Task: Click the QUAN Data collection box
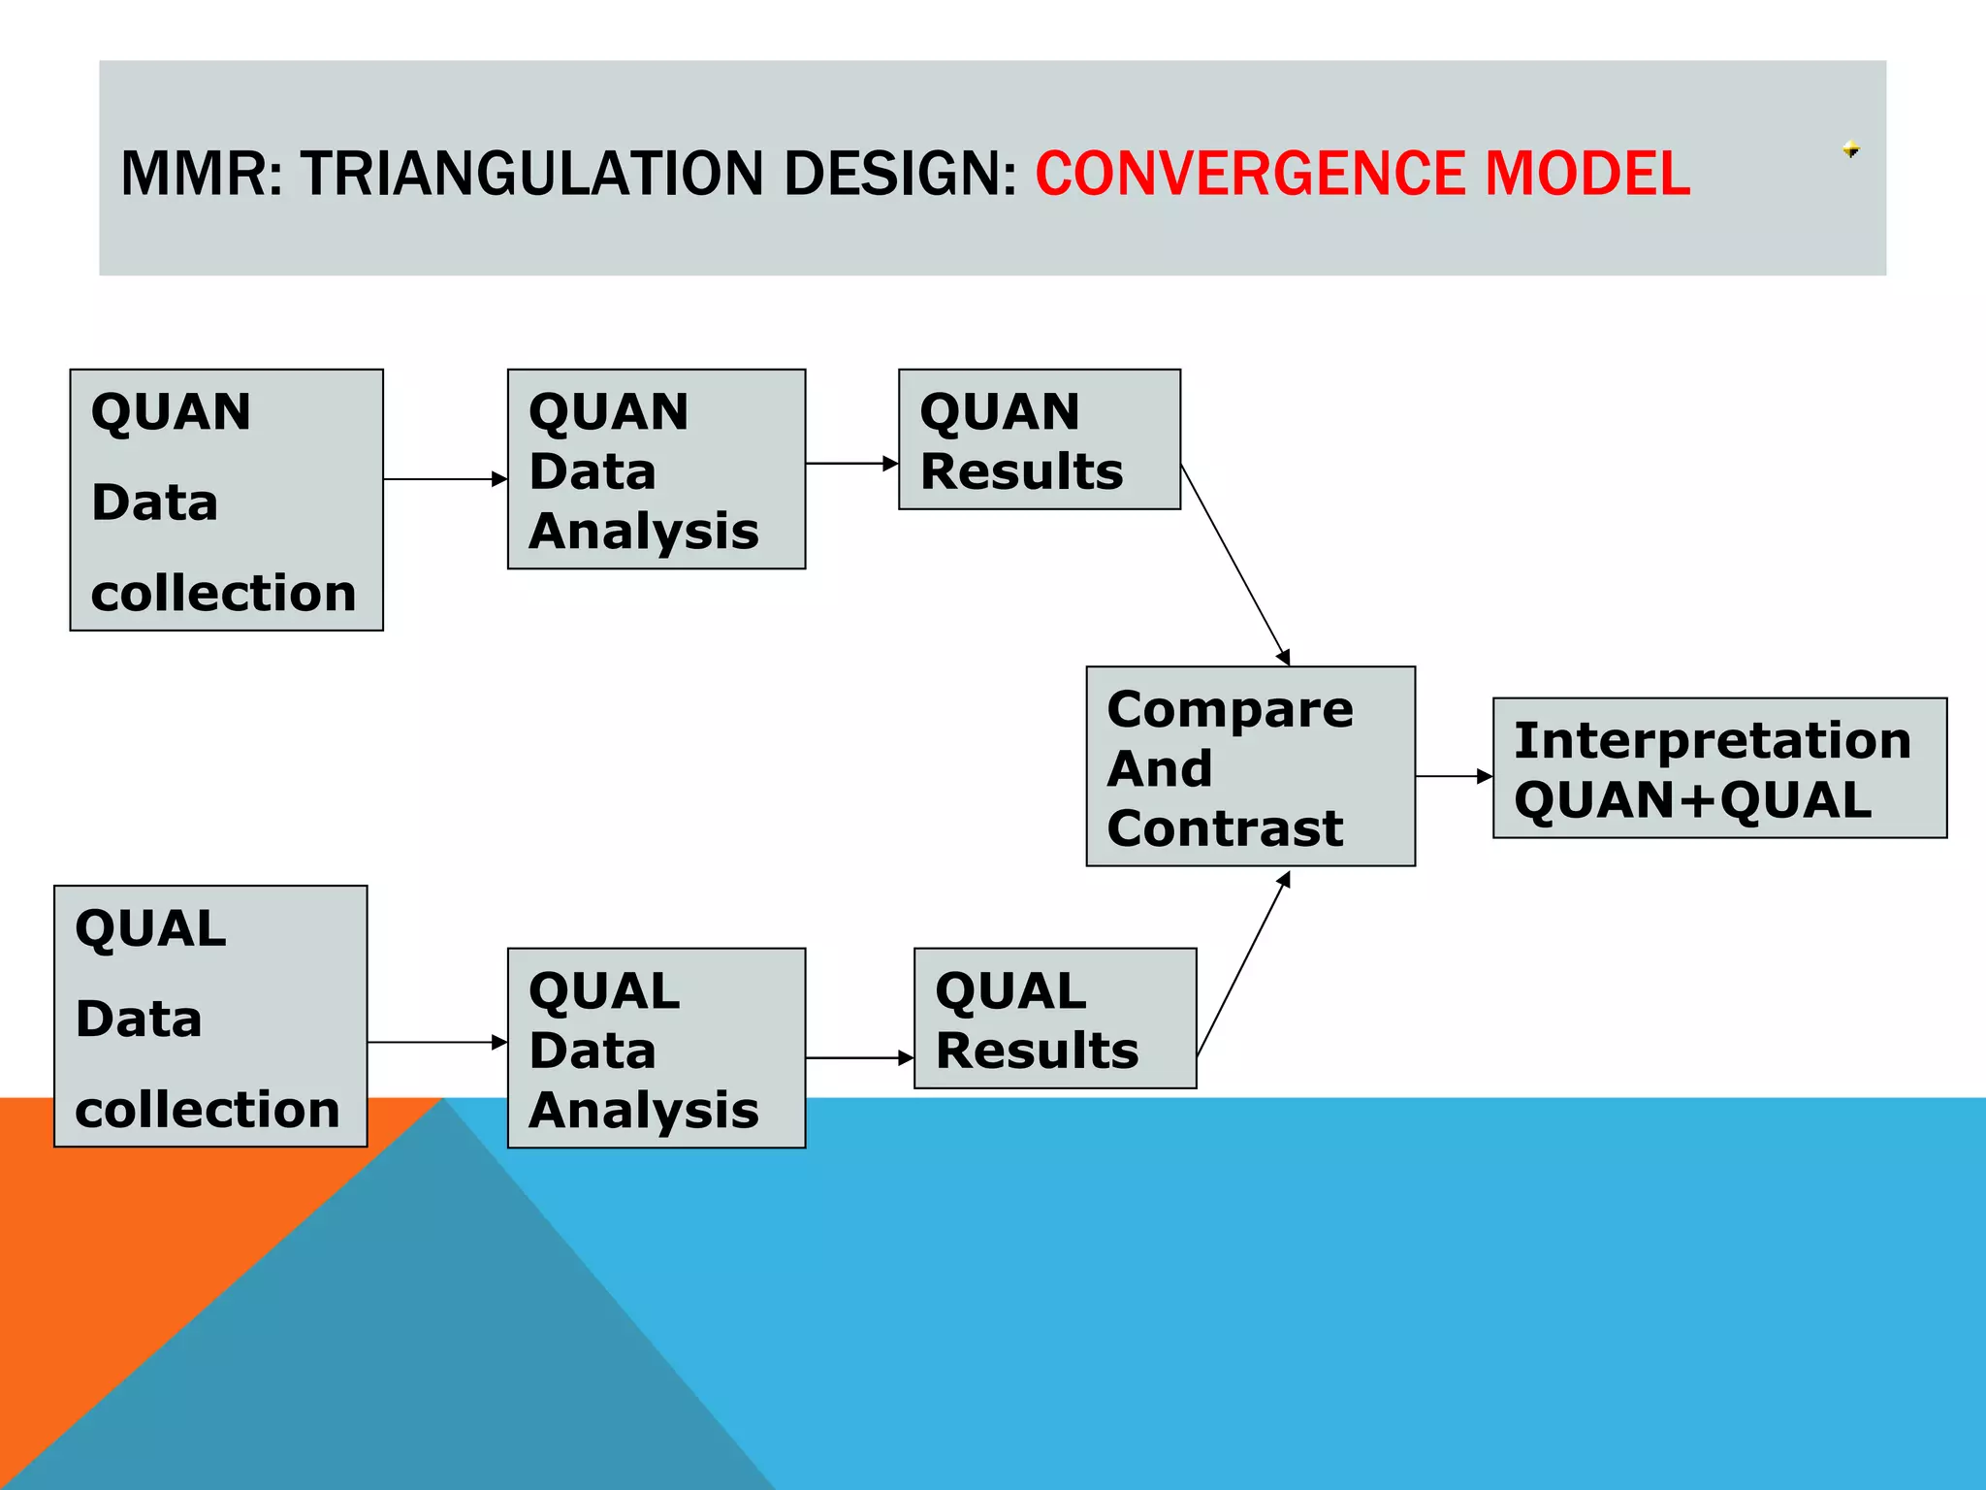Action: pos(226,500)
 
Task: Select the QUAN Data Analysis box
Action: pos(656,469)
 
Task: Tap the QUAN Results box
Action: pos(1039,438)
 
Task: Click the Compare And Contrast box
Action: pos(1250,766)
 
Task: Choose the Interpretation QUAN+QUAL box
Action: pos(1718,767)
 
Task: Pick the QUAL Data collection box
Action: pos(210,1016)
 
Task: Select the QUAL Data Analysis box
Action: pos(656,1048)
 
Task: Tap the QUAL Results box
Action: pos(1054,1018)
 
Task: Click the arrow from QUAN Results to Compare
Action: pos(1235,565)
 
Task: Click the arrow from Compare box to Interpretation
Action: pos(1453,776)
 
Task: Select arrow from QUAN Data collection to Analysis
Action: pos(444,479)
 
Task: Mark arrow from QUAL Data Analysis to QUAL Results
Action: pos(858,1058)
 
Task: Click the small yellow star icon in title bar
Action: pos(1850,149)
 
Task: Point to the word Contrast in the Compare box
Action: pos(1225,828)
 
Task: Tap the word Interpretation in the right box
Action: pos(1712,741)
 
